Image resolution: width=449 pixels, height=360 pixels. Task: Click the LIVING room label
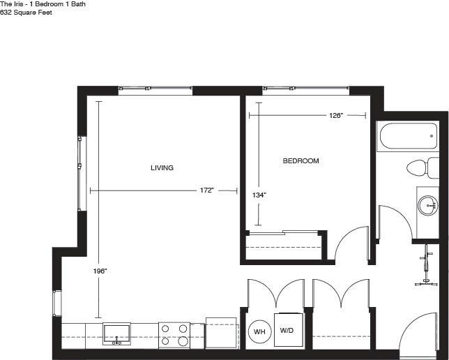pyautogui.click(x=162, y=168)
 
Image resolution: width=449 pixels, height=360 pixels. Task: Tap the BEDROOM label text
pyautogui.click(x=300, y=161)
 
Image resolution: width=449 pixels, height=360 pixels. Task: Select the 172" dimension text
pyautogui.click(x=206, y=190)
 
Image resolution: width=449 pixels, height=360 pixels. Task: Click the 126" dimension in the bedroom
pyautogui.click(x=335, y=116)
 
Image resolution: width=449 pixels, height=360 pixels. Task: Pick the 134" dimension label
pyautogui.click(x=259, y=195)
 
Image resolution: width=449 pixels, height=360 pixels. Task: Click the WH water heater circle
pyautogui.click(x=259, y=331)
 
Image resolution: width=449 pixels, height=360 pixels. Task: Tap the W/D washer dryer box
pyautogui.click(x=287, y=330)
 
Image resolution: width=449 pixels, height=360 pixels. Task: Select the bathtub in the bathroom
pyautogui.click(x=407, y=137)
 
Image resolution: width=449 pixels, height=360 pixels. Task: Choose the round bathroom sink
pyautogui.click(x=428, y=205)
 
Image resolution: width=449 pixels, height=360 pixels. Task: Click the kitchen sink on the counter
pyautogui.click(x=116, y=333)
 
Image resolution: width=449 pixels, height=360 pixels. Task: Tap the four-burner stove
pyautogui.click(x=174, y=334)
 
